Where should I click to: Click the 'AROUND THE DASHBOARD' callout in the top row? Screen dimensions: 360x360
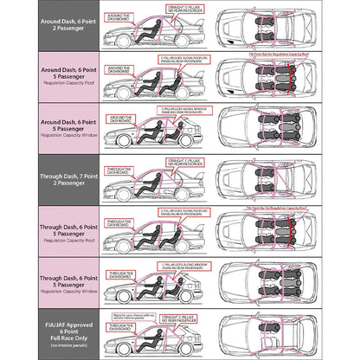pos(119,16)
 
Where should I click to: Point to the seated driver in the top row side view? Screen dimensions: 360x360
pos(154,28)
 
